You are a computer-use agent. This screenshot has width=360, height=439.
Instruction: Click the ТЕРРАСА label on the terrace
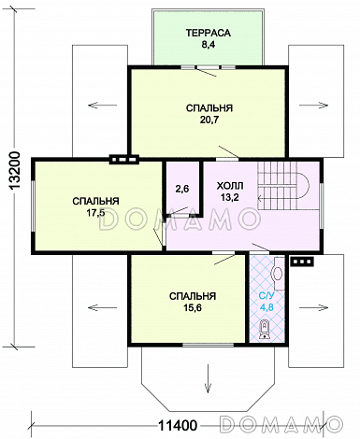pos(209,33)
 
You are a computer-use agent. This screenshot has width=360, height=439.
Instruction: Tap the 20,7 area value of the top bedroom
pos(209,120)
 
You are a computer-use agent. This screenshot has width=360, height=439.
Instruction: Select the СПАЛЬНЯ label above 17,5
pos(95,201)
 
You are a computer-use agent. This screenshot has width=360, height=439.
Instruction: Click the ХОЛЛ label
pos(230,186)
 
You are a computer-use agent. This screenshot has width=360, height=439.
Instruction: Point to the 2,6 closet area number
pos(182,189)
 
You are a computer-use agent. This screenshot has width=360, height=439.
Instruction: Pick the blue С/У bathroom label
pos(266,295)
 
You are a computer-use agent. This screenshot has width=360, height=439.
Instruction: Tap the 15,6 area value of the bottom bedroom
pos(193,308)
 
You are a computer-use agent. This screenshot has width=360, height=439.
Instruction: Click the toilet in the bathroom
pos(265,330)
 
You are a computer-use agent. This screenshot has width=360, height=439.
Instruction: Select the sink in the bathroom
pos(278,274)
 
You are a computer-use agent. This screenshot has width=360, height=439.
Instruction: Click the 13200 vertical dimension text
pos(15,171)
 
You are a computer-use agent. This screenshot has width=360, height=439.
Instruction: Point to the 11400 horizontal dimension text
pos(178,425)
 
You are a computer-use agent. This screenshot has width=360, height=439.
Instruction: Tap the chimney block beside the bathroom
pos(302,262)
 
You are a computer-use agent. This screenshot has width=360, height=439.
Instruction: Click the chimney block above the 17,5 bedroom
pos(124,160)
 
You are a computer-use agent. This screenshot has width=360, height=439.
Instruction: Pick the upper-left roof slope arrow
pos(103,106)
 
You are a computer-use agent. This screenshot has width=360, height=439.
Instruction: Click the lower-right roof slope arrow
pos(313,307)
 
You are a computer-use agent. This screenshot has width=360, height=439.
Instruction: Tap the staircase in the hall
pos(283,186)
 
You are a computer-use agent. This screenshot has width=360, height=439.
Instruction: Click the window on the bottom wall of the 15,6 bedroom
pos(208,345)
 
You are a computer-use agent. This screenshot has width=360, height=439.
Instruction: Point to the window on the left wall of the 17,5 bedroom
pos(34,205)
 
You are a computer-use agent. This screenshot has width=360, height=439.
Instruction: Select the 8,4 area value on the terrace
pos(209,45)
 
